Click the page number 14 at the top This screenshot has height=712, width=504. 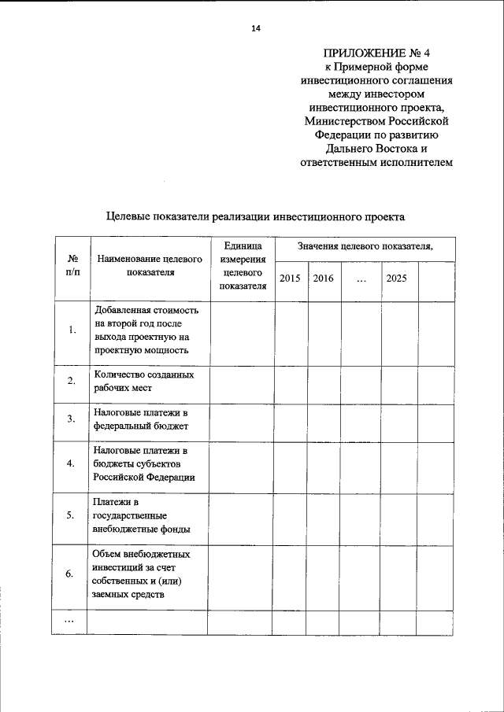pos(255,29)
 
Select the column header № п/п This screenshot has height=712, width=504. pos(72,265)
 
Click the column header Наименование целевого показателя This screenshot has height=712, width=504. pos(149,265)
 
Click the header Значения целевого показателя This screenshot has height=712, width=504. pos(365,247)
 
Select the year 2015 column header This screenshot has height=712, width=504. pos(290,279)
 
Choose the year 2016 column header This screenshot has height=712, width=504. pos(323,279)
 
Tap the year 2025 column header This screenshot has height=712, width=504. pos(397,279)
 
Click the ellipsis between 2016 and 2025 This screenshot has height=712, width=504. pos(360,279)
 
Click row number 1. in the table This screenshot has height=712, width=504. pos(72,330)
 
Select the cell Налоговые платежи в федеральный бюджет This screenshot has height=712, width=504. pos(141,419)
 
